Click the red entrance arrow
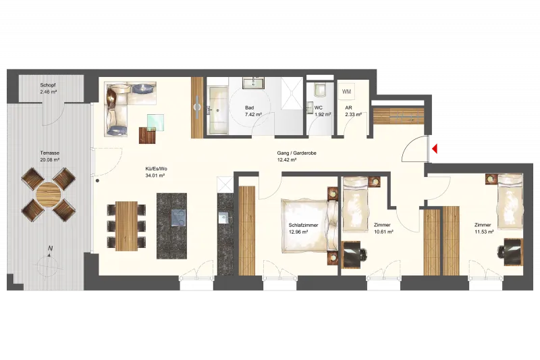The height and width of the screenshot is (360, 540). pyautogui.click(x=435, y=149)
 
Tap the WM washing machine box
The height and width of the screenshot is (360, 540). pyautogui.click(x=346, y=92)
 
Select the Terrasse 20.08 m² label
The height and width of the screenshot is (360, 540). pyautogui.click(x=50, y=156)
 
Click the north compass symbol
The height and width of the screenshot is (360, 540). pyautogui.click(x=49, y=261)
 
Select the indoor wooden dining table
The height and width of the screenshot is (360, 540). pyautogui.click(x=126, y=226)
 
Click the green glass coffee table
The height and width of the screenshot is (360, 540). pyautogui.click(x=156, y=122)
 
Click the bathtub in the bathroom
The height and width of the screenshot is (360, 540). pyautogui.click(x=218, y=110)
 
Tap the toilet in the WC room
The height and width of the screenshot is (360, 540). pyautogui.click(x=320, y=89)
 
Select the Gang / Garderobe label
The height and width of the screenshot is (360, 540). pyautogui.click(x=296, y=156)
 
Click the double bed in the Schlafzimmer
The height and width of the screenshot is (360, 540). pyautogui.click(x=309, y=226)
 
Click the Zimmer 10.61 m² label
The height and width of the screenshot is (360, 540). pyautogui.click(x=383, y=228)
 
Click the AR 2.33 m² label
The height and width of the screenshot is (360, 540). pyautogui.click(x=353, y=111)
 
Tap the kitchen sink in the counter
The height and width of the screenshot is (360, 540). pyautogui.click(x=223, y=217)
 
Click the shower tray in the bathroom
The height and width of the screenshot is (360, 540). pyautogui.click(x=292, y=93)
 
